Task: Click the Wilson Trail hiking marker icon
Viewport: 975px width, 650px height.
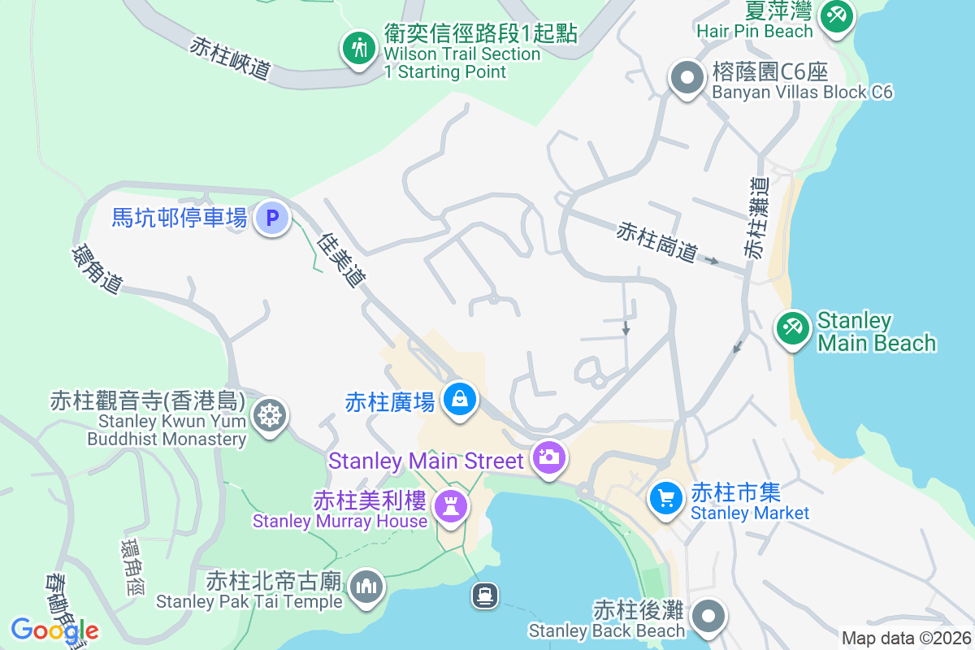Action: click(x=357, y=47)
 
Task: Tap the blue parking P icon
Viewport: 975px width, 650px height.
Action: click(x=272, y=218)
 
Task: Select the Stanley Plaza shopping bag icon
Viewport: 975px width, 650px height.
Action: click(x=460, y=399)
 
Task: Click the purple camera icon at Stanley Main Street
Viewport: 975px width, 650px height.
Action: click(x=549, y=457)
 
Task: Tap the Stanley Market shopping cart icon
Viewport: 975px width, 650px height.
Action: click(x=666, y=496)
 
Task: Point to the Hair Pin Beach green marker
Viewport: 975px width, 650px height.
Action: click(x=835, y=14)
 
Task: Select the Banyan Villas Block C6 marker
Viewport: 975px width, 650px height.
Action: click(x=687, y=79)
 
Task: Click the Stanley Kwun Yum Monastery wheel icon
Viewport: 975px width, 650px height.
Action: click(x=269, y=415)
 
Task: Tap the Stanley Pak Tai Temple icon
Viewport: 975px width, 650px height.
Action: click(x=366, y=585)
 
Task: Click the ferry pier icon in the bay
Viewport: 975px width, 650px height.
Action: click(x=485, y=596)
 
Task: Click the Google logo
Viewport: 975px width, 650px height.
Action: click(x=54, y=630)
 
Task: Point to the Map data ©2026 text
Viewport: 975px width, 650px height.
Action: click(x=906, y=638)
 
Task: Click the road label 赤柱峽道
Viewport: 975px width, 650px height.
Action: click(x=230, y=58)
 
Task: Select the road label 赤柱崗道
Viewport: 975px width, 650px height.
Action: click(x=656, y=242)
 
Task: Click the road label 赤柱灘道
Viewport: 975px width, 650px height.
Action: click(x=756, y=218)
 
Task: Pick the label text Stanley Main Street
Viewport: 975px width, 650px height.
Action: click(x=426, y=461)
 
